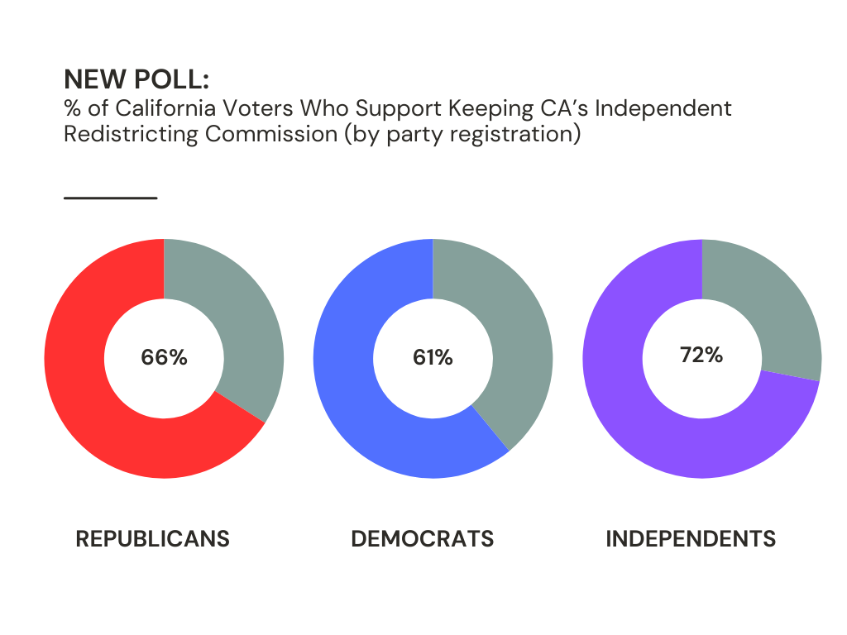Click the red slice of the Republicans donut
click(91, 413)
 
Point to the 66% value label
click(164, 358)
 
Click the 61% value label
click(433, 358)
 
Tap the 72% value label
click(701, 356)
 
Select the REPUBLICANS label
click(153, 539)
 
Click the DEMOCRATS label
click(423, 539)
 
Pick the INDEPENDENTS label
click(691, 539)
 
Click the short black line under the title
click(110, 198)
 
